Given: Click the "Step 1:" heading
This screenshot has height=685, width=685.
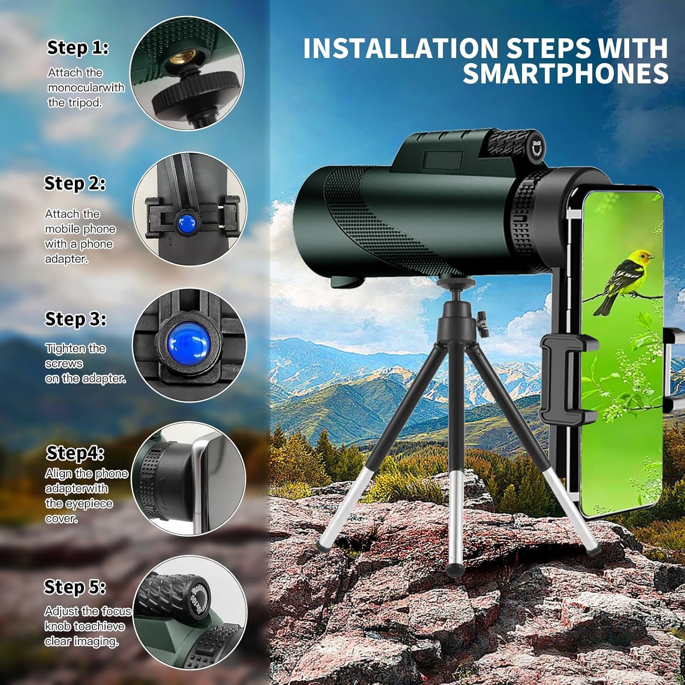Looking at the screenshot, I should [x=78, y=48].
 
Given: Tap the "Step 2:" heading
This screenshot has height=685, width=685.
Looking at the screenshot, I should [x=75, y=184].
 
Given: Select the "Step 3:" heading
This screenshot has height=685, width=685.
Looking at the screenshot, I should [x=75, y=319].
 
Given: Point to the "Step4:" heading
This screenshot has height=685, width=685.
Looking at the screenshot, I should [x=75, y=453].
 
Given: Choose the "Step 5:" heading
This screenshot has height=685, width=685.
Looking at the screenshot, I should [x=75, y=587].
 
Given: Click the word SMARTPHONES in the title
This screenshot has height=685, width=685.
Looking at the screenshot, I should [x=565, y=74].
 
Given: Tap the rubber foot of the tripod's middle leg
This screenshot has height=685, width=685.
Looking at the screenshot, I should [x=454, y=568].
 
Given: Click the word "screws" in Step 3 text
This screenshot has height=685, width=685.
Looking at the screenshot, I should [x=64, y=364].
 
